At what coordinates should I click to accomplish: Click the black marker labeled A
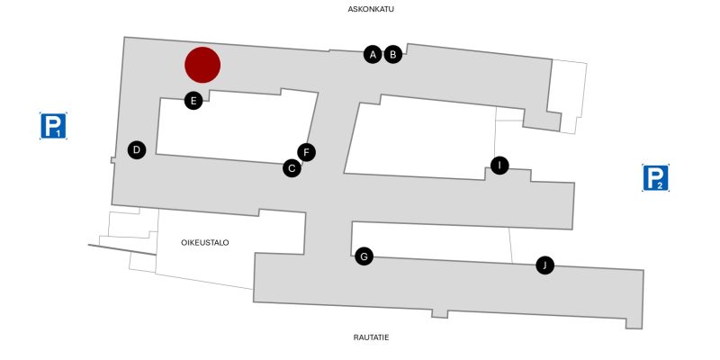click(x=372, y=54)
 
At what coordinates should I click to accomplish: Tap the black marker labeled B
click(x=392, y=54)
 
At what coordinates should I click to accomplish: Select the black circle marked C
click(x=292, y=167)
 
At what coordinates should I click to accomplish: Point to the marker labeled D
click(x=136, y=149)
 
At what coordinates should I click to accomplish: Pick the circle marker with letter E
click(x=193, y=100)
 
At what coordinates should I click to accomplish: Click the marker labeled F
click(x=307, y=152)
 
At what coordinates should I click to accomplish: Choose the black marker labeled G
click(x=364, y=256)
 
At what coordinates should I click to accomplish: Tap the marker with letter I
click(x=499, y=165)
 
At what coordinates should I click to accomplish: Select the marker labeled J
click(x=544, y=265)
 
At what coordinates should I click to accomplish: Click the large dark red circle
click(x=202, y=65)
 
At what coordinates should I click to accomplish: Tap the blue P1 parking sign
click(x=53, y=126)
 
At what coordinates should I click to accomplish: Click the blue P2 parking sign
click(x=655, y=178)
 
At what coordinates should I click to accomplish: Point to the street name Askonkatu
click(x=371, y=9)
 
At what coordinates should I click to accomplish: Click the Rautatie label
click(x=371, y=337)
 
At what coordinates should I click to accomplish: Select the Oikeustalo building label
click(x=205, y=242)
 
